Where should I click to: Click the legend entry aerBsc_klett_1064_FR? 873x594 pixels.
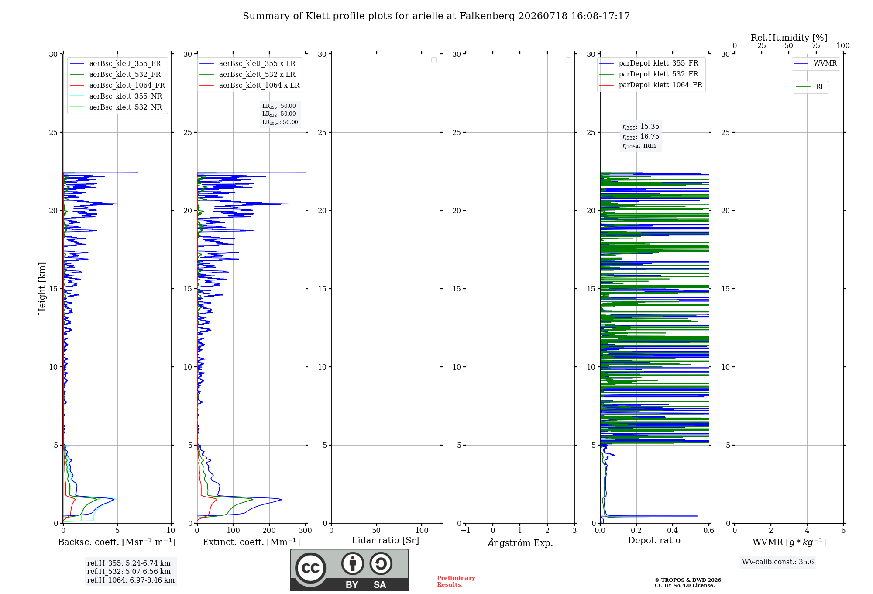(x=117, y=85)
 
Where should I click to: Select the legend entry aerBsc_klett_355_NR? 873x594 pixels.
(x=116, y=96)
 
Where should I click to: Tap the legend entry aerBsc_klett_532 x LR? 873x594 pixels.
(x=247, y=74)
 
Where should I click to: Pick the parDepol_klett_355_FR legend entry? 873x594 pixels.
(x=649, y=63)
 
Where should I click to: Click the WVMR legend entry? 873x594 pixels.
(x=815, y=63)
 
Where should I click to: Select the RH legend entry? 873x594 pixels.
(x=811, y=87)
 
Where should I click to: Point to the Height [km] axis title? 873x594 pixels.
(x=42, y=289)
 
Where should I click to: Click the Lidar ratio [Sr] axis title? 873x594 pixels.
(x=385, y=540)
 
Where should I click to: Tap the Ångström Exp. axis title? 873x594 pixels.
(x=520, y=542)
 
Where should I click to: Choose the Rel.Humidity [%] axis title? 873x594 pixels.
(x=789, y=38)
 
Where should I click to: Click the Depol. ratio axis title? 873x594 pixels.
(x=654, y=540)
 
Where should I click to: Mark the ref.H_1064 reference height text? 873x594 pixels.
(x=131, y=580)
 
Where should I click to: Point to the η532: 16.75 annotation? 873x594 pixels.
(x=641, y=136)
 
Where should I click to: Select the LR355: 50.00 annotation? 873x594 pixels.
(x=279, y=106)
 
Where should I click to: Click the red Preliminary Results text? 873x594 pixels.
(x=456, y=581)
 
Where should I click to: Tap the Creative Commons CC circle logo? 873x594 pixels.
(x=310, y=568)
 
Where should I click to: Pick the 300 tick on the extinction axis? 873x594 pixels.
(x=306, y=530)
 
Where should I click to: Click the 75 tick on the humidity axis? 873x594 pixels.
(x=816, y=45)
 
